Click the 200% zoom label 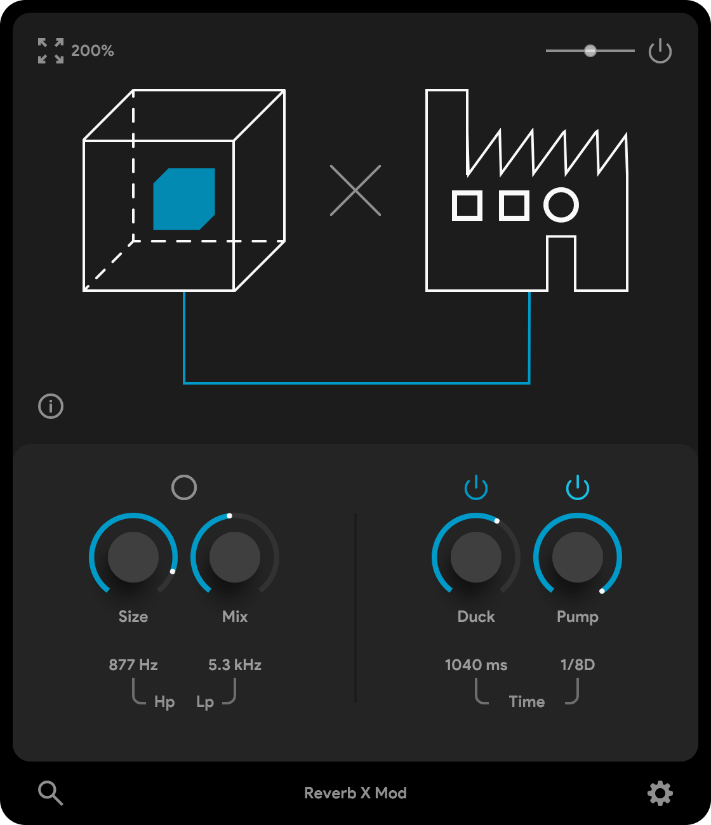93,51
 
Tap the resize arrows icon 51,51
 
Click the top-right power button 660,51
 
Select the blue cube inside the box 184,199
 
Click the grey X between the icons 355,190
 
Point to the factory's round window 561,205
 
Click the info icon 51,406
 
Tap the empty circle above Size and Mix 184,487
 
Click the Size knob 133,557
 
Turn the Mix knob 235,557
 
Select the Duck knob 476,557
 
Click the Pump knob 577,557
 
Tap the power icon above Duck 476,487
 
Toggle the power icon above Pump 577,487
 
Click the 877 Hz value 133,665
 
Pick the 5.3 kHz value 235,665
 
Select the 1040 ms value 476,665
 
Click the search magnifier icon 51,793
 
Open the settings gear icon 660,793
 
